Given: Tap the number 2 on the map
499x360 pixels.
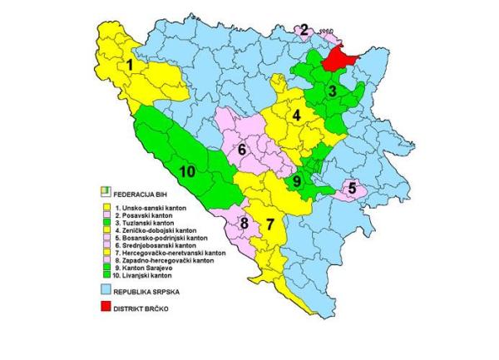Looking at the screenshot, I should pos(304,31).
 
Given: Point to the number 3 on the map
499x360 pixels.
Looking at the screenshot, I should pos(331,91).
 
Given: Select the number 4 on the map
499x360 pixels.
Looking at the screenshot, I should pos(295,116).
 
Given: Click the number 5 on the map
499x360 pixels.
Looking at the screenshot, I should pos(352,188).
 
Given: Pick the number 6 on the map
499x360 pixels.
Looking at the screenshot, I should pos(241,150).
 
